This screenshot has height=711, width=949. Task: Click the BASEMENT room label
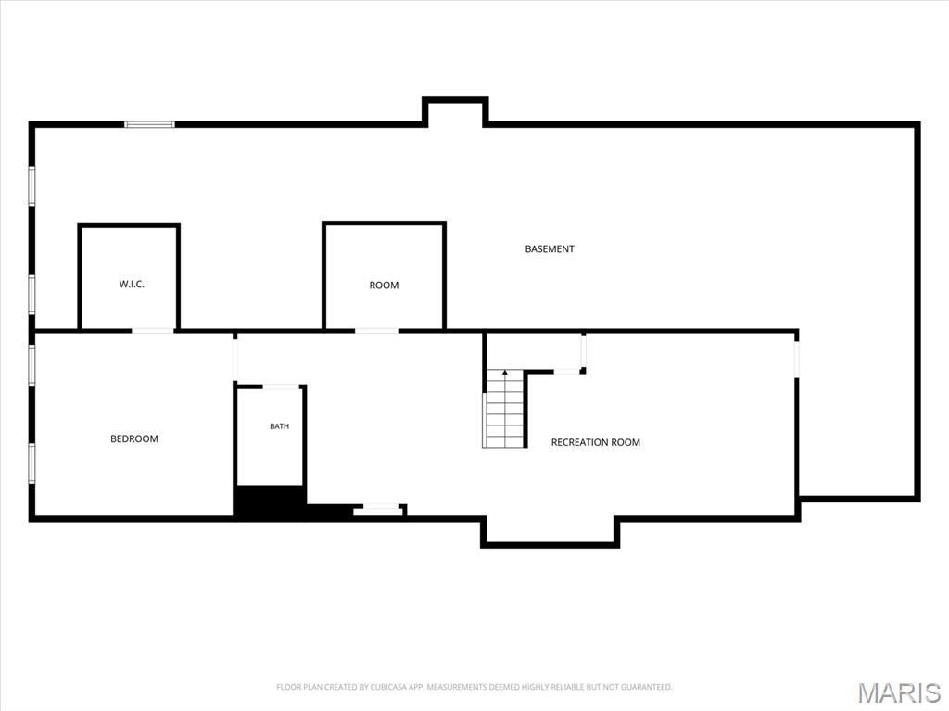549,249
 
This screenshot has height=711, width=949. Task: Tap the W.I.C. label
132,284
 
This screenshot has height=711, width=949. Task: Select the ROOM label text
384,286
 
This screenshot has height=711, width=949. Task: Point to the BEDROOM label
133,438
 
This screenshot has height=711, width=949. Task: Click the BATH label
279,426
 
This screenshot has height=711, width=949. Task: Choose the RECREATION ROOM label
596,443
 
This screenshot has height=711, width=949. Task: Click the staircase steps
504,409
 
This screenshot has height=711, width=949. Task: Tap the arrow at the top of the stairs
505,372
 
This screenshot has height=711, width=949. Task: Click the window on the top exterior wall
149,125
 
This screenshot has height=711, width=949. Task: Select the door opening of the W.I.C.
153,331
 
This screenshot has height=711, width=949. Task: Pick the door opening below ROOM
376,331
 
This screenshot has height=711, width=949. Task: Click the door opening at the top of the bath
281,387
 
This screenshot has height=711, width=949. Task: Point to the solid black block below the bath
270,502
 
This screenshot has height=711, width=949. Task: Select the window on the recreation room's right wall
796,359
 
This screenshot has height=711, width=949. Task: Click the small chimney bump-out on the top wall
455,112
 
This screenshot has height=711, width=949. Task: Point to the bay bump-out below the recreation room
550,533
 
